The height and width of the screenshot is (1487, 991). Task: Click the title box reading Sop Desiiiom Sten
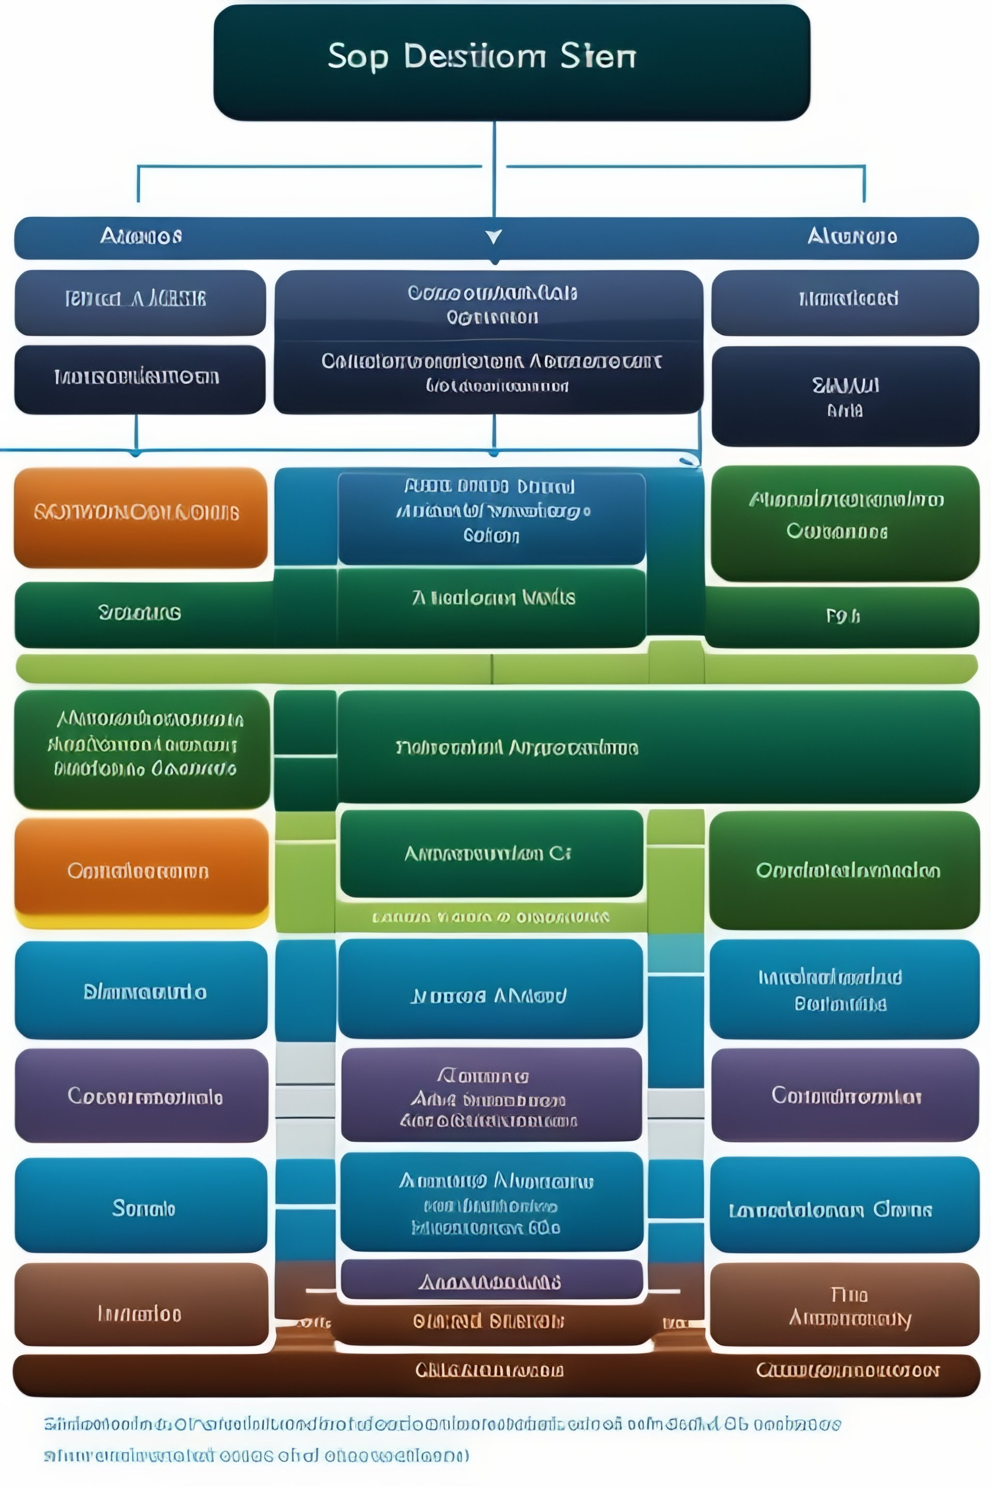512,62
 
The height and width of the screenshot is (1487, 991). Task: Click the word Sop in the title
357,57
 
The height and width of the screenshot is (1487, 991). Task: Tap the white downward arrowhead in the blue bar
494,236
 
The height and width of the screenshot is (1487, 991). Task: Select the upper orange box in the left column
140,517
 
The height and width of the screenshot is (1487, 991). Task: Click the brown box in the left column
141,1314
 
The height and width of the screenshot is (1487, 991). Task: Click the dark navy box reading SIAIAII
845,396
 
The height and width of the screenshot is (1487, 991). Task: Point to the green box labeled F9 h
842,616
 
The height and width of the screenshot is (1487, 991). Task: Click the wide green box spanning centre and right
657,747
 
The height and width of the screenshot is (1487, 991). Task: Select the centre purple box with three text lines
491,1098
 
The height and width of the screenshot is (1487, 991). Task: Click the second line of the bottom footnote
256,1456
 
